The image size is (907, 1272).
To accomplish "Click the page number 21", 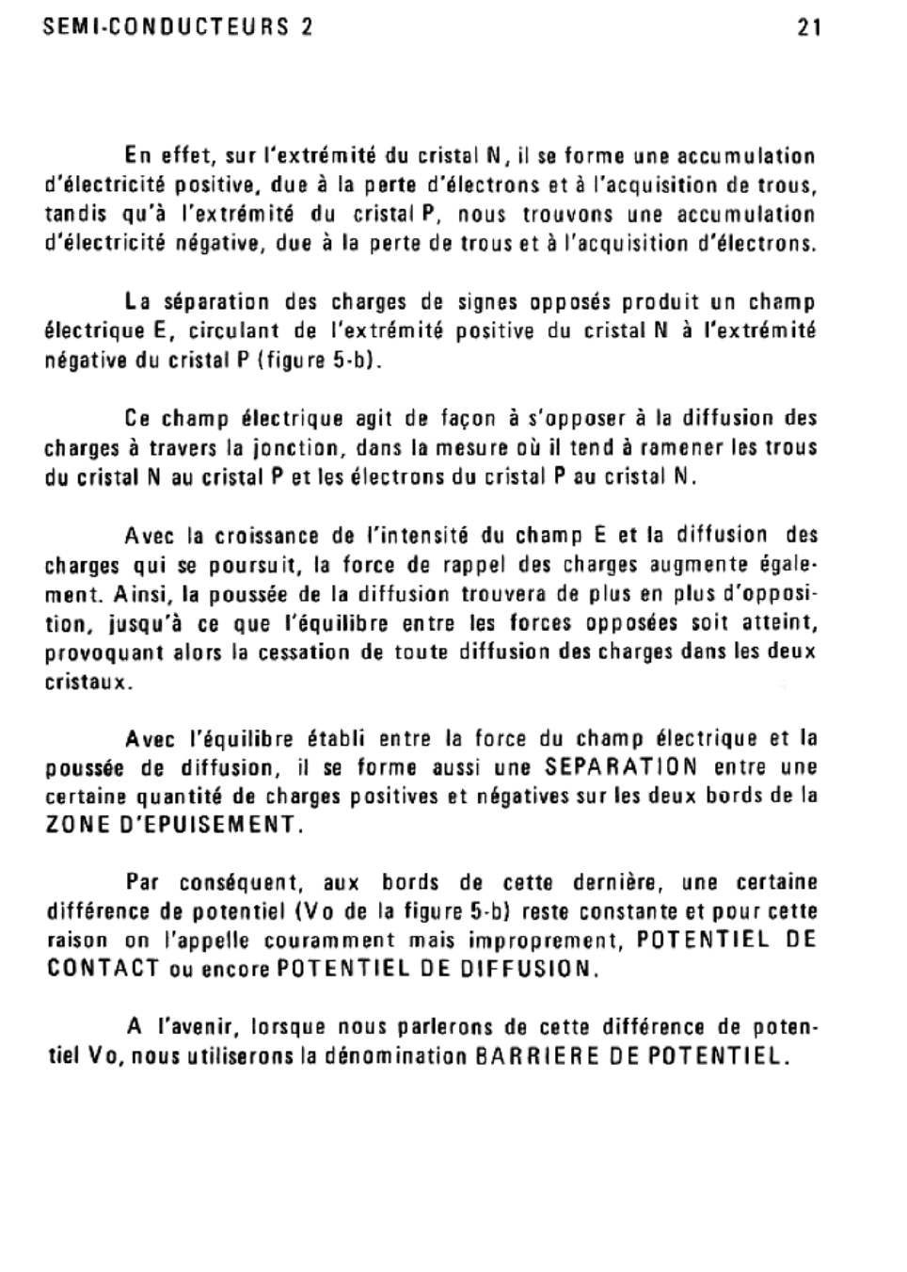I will (x=808, y=27).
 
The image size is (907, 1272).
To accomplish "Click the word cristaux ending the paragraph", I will (x=85, y=682).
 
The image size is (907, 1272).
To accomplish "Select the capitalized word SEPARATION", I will (x=622, y=766).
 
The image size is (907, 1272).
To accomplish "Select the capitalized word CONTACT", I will (x=103, y=969).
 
